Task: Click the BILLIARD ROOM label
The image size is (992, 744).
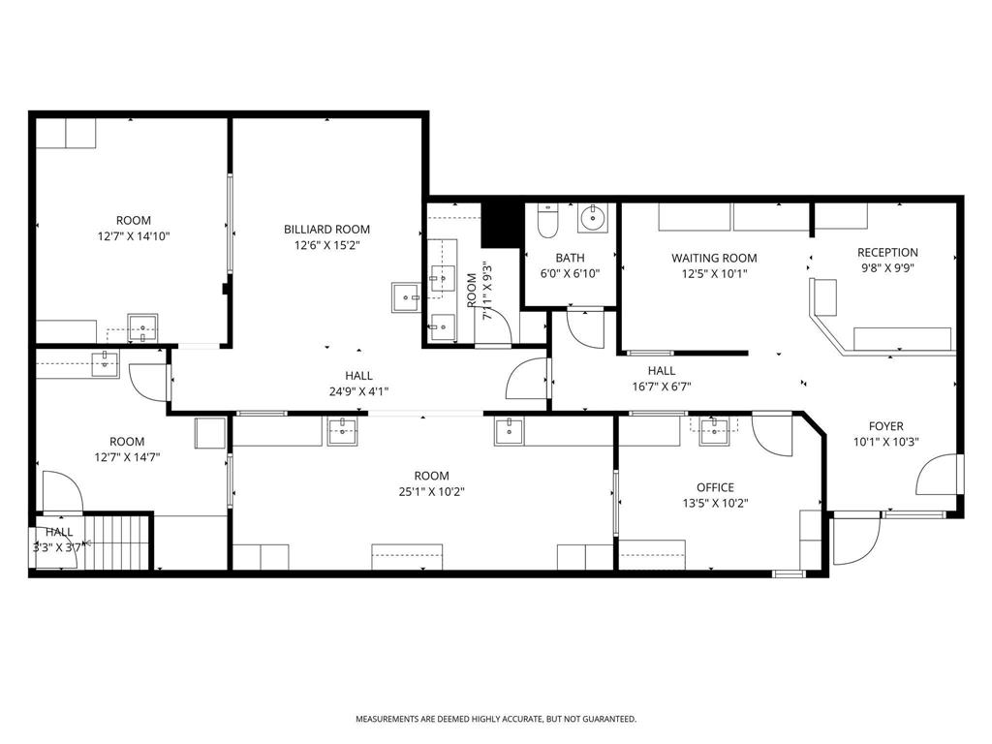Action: (326, 230)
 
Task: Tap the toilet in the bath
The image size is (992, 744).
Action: (547, 222)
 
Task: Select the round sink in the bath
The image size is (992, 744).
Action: (592, 219)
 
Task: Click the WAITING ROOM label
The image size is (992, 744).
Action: (714, 258)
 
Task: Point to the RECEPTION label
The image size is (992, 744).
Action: (887, 253)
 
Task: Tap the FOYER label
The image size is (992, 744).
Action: (885, 426)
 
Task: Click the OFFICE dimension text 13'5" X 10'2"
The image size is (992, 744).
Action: (715, 503)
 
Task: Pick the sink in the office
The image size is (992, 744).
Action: (716, 430)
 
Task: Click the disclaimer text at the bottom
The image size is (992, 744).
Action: (495, 719)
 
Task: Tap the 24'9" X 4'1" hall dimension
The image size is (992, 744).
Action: (358, 391)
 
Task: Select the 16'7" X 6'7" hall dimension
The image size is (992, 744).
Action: (662, 386)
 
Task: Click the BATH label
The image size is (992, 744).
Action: (570, 258)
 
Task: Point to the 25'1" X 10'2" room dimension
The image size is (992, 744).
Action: (431, 491)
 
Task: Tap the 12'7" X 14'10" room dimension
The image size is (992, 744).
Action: (134, 235)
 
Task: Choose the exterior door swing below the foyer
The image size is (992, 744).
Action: (855, 540)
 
